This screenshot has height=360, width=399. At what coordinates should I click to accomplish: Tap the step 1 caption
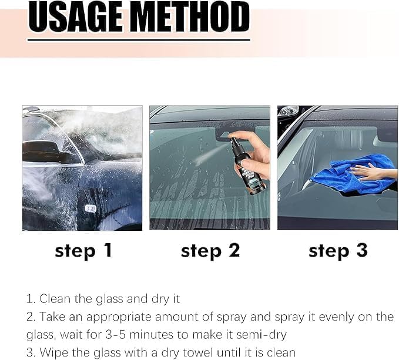click(x=83, y=251)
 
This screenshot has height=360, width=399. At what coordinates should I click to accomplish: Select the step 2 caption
click(x=210, y=251)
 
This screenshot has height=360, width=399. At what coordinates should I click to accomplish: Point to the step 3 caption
click(x=337, y=251)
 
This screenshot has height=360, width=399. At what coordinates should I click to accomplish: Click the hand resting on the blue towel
click(x=370, y=171)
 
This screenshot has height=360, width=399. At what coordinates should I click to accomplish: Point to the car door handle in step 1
click(x=90, y=208)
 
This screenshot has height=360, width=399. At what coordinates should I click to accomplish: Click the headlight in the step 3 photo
click(x=289, y=111)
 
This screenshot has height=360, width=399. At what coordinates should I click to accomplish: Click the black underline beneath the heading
click(x=139, y=40)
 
